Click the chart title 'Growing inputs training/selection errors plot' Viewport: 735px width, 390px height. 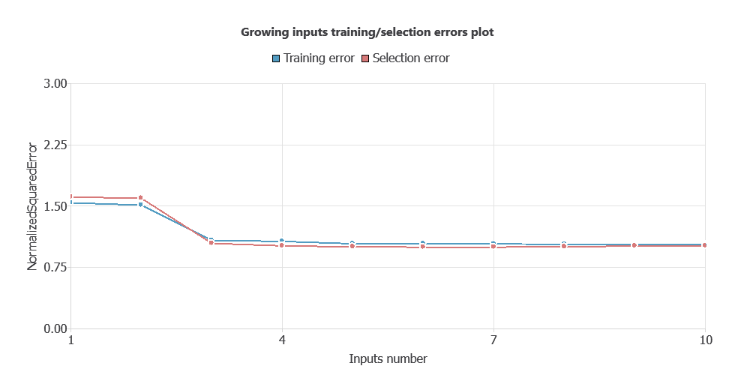point(367,32)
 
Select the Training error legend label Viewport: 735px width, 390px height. point(319,58)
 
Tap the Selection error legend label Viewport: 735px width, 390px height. point(411,58)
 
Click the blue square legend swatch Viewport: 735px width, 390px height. point(276,58)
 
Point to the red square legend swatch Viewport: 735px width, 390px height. point(365,58)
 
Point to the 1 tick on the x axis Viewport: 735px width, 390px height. point(71,340)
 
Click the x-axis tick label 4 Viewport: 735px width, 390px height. point(282,340)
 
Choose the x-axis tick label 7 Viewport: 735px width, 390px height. point(493,340)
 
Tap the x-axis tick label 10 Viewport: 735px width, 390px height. point(705,340)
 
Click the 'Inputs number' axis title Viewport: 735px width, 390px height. point(388,359)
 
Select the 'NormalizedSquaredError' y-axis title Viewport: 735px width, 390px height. point(33,206)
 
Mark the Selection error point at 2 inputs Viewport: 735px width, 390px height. point(141,198)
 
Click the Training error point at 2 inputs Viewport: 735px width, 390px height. point(141,205)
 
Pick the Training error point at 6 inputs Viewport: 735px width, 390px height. point(423,244)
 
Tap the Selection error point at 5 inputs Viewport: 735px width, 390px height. point(352,246)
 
